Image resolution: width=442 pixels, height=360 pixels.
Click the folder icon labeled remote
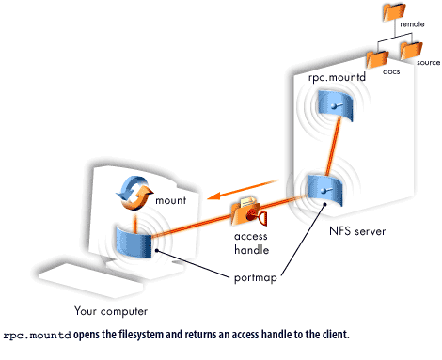point(393,13)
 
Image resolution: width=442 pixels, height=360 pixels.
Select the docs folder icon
point(376,58)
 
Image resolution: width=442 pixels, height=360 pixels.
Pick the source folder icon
point(411,49)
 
